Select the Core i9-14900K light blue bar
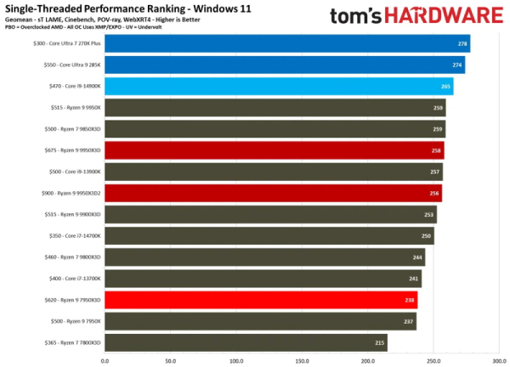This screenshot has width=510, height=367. click(x=279, y=87)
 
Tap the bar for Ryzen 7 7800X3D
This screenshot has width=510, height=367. click(x=246, y=342)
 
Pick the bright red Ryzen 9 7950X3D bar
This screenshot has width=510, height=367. click(x=261, y=300)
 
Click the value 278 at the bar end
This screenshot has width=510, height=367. click(x=462, y=44)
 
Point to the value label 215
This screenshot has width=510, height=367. click(x=379, y=342)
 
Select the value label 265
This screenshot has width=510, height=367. click(x=445, y=87)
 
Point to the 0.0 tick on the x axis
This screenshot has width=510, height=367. click(x=105, y=360)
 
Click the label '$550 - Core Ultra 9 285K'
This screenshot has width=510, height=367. click(x=71, y=65)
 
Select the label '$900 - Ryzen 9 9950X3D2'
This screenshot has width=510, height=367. click(x=71, y=194)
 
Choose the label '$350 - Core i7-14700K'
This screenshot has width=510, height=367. click(x=73, y=236)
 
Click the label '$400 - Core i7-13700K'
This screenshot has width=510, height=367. click(x=73, y=279)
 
